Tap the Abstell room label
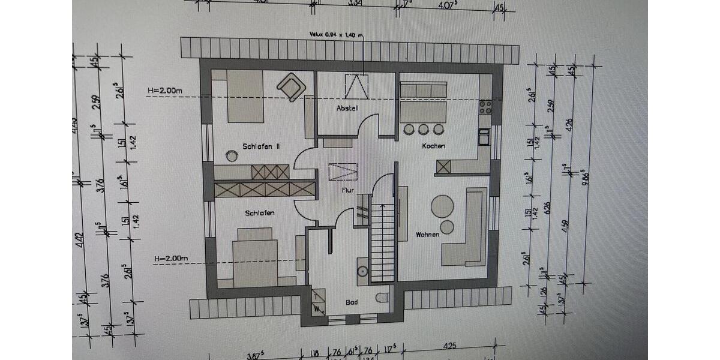(347, 109)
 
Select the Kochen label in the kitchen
(433, 146)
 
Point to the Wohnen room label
(428, 235)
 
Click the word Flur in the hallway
(347, 190)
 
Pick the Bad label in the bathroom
(352, 302)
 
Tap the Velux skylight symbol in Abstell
(356, 86)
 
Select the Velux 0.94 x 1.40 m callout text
(336, 35)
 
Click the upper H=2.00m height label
(164, 91)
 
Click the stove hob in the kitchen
(485, 107)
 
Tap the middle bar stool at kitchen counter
(424, 129)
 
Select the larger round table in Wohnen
(443, 206)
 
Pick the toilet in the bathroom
(382, 298)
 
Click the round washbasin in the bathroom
(362, 271)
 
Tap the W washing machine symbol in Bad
(317, 308)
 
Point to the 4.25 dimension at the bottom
(451, 346)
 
